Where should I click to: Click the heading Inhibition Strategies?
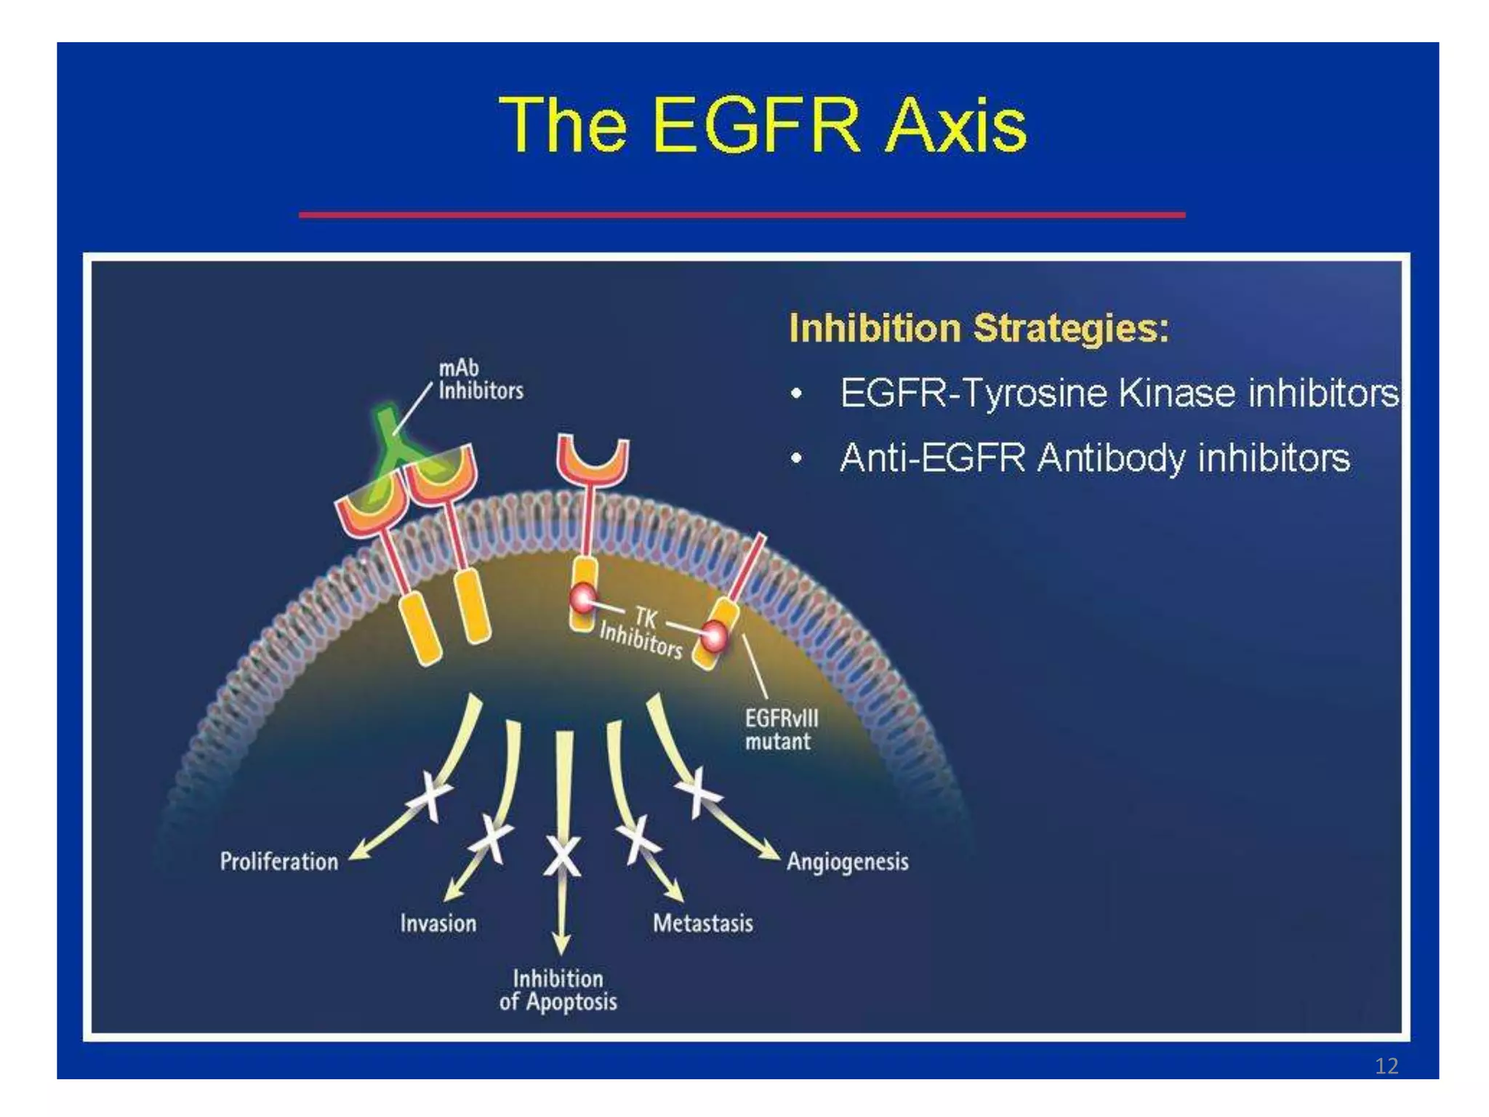tap(979, 328)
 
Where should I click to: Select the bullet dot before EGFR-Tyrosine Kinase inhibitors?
tap(797, 394)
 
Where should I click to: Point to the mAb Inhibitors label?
tap(480, 380)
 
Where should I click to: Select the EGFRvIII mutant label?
tap(781, 729)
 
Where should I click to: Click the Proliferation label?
tap(279, 862)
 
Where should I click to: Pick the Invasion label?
tap(438, 924)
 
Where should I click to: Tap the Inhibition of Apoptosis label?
tap(558, 990)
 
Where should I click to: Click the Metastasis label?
tap(702, 924)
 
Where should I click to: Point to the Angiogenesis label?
tap(848, 862)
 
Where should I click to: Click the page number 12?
tap(1386, 1066)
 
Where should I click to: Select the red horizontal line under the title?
tap(742, 215)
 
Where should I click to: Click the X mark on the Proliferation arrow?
tap(430, 796)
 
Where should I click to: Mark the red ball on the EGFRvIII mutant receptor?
tap(713, 637)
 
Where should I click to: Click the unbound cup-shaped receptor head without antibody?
tap(593, 463)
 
